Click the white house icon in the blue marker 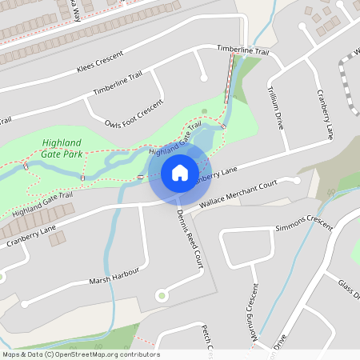[180, 172]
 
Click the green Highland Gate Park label [63, 149]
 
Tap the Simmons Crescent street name [303, 223]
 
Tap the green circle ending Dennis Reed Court [162, 296]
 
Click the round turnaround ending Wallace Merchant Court [297, 181]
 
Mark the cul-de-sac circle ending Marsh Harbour [24, 304]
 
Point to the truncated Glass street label [349, 290]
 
